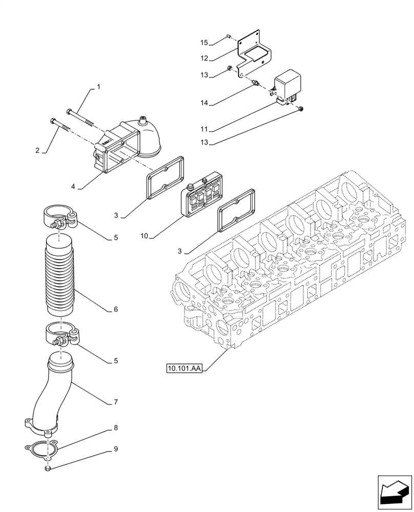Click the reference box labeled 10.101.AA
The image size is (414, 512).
(x=184, y=368)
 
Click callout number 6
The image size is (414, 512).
(x=116, y=310)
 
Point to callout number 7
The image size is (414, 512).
(x=116, y=402)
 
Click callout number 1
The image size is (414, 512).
(x=98, y=88)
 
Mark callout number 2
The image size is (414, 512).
(x=37, y=151)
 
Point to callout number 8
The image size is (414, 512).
(x=116, y=427)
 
